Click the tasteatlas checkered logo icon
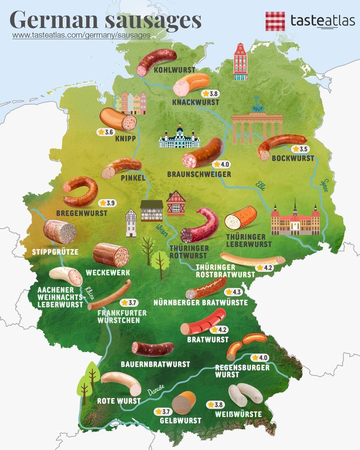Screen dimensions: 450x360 [x=275, y=21]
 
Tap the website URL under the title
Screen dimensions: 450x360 [x=81, y=35]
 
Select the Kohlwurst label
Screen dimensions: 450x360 [x=174, y=70]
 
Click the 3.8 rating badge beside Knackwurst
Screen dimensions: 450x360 [x=210, y=94]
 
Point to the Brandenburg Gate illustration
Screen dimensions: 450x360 [x=257, y=126]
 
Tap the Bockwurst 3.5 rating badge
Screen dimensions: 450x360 [x=300, y=149]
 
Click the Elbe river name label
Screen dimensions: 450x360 [x=260, y=186]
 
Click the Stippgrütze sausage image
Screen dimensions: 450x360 [x=60, y=232]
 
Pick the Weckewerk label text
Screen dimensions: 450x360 [x=107, y=272]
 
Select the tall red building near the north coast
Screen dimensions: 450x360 [x=240, y=62]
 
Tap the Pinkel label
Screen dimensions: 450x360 [x=133, y=178]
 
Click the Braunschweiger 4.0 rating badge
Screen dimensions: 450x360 [x=220, y=164]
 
